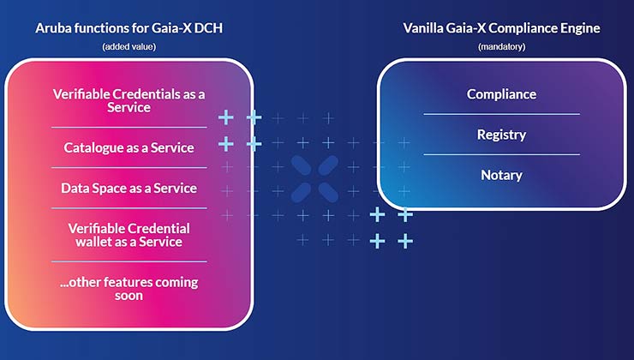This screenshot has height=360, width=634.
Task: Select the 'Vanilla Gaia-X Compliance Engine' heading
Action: [501, 28]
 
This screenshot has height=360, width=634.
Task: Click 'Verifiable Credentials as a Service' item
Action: [129, 100]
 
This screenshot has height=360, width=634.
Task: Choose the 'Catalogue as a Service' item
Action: [129, 147]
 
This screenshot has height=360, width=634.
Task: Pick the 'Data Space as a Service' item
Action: [129, 188]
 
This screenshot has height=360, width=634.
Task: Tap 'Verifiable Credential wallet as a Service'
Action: [129, 235]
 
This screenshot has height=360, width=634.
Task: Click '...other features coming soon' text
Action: [129, 288]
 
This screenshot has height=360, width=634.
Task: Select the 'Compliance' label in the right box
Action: [501, 94]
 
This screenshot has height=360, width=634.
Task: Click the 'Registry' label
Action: [501, 135]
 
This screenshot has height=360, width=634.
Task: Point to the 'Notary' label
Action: [501, 175]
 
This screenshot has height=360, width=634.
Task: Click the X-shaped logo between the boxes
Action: [313, 179]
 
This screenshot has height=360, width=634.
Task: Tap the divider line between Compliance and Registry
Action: [501, 114]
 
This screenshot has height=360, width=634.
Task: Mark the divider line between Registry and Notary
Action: [501, 155]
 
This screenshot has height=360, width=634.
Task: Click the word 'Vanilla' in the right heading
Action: [425, 28]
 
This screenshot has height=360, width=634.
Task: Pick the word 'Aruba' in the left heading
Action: [53, 28]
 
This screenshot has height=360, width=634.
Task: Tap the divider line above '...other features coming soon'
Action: [129, 261]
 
